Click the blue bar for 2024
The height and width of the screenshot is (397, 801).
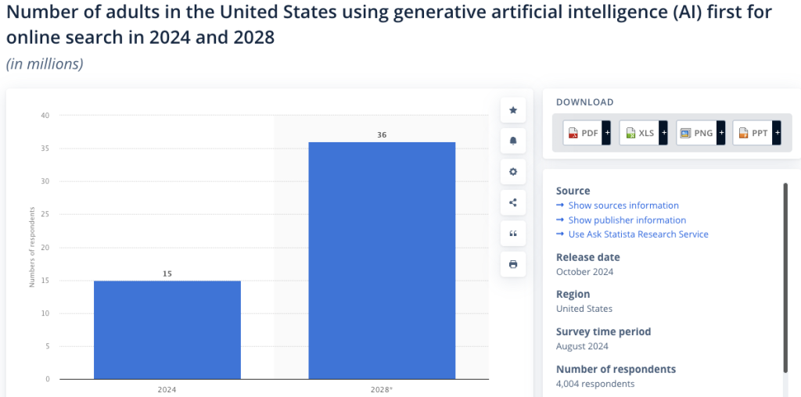tap(167, 329)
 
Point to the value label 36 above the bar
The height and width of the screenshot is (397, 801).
tap(381, 135)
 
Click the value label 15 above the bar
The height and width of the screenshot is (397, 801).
tap(167, 274)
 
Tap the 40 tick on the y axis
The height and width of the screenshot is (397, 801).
tap(45, 116)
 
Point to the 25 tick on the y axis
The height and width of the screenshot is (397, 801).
tap(45, 215)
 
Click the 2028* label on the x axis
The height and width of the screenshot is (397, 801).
tap(381, 388)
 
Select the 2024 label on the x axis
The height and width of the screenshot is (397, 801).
tap(167, 388)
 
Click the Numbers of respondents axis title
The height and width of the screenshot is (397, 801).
tap(32, 247)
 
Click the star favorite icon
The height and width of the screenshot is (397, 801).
tap(513, 110)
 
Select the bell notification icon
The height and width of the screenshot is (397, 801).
tap(513, 141)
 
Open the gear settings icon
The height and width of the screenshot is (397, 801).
tap(513, 172)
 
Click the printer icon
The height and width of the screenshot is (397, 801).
tap(513, 264)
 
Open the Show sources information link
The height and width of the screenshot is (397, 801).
tap(623, 206)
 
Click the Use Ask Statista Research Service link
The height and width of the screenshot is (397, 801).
tap(638, 234)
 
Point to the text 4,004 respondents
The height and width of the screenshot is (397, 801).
tap(595, 384)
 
